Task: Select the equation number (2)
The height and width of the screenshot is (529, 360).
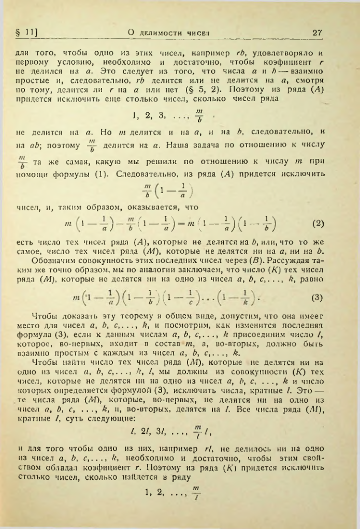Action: tap(319, 225)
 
